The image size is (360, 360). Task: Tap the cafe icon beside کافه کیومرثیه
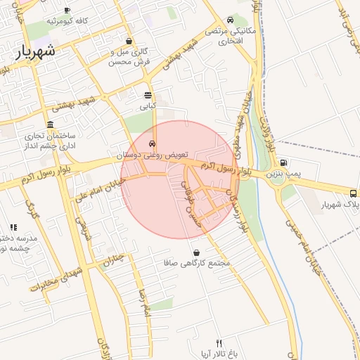pos(67,10)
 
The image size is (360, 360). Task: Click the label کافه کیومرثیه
pos(67,21)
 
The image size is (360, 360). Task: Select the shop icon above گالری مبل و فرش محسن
pos(128,41)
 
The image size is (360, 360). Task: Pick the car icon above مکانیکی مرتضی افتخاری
pos(231,20)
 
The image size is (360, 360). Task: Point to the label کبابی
pos(147,106)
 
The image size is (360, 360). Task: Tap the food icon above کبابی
pos(148,95)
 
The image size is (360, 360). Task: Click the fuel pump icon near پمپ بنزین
pos(283,162)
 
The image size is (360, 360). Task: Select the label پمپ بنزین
pos(284,173)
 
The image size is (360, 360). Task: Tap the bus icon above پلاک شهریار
pos(353,193)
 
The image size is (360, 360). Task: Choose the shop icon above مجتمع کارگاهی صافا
pos(195,252)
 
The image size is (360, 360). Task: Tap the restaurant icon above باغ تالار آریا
pos(219,342)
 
